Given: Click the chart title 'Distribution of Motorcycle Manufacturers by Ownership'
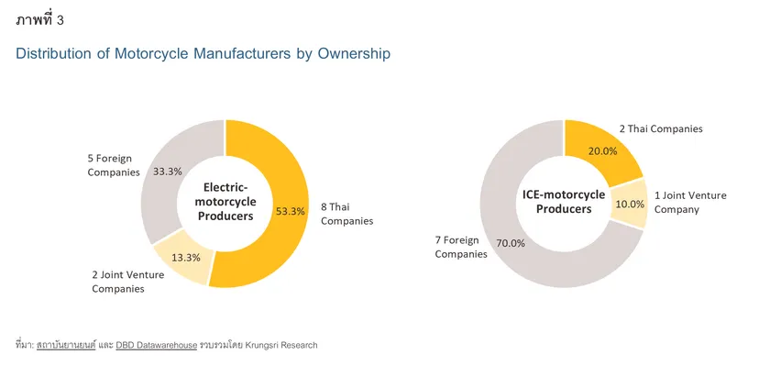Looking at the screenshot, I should (203, 54).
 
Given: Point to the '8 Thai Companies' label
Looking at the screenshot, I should (346, 215).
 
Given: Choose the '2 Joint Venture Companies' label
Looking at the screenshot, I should (118, 282).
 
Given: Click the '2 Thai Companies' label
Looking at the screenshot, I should (660, 128).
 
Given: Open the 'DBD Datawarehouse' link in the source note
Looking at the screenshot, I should (156, 345).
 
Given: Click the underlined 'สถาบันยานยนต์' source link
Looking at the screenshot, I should (65, 345).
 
